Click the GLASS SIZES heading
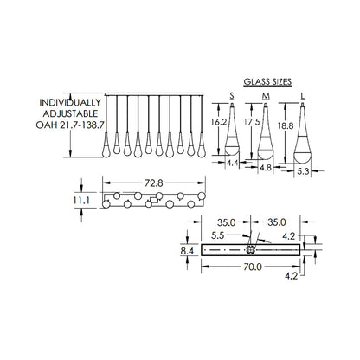click(267, 82)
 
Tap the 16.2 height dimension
click(218, 122)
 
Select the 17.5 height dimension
click(252, 122)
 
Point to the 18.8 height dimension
click(286, 125)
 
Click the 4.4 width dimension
click(232, 164)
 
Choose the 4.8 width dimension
click(266, 167)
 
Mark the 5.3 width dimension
click(303, 171)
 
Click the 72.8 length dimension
click(154, 183)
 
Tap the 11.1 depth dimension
click(80, 200)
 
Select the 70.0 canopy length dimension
click(253, 267)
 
